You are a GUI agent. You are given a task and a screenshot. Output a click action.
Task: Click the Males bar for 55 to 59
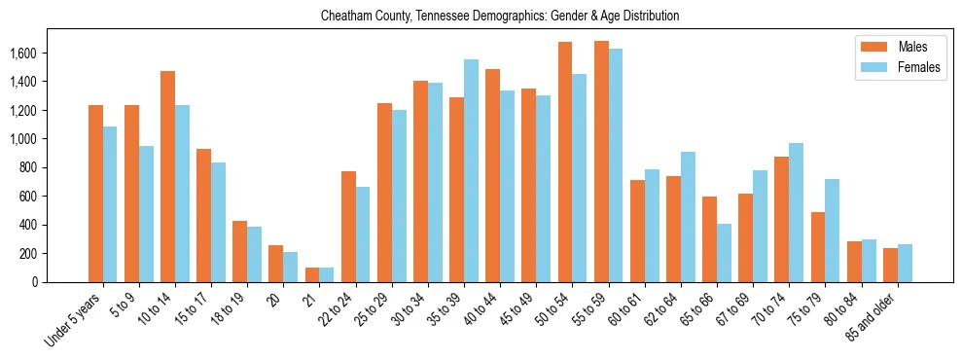point(601,162)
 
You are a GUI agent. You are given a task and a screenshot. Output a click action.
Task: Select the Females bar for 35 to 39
point(471,171)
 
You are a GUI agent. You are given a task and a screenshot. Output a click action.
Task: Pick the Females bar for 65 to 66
point(724,253)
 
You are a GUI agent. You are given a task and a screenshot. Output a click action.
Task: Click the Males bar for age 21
point(312,274)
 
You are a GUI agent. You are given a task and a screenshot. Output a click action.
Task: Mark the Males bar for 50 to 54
point(565,162)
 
